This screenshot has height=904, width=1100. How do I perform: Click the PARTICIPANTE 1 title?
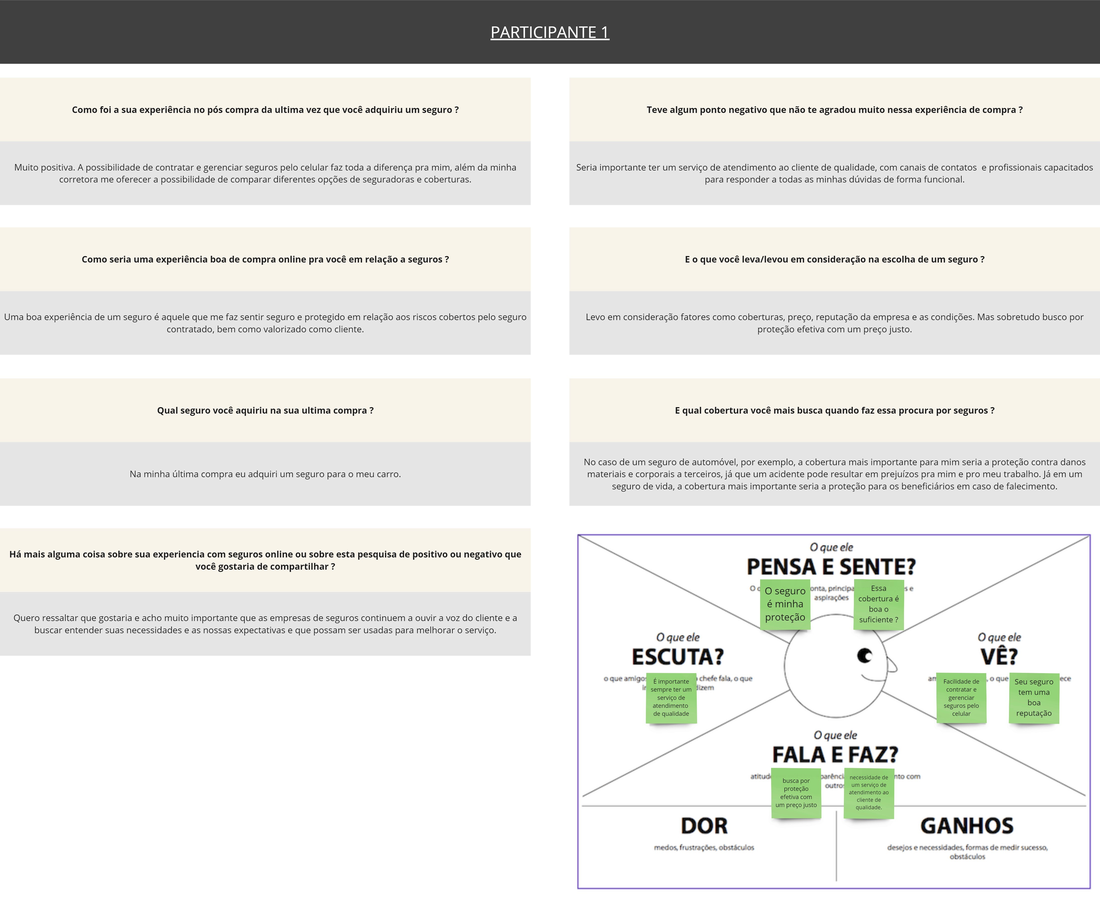click(x=549, y=32)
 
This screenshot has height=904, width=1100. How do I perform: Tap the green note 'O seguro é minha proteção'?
click(x=785, y=604)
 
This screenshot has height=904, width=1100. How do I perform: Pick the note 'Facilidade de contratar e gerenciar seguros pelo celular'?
click(x=961, y=698)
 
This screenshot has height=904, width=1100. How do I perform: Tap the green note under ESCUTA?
click(x=671, y=698)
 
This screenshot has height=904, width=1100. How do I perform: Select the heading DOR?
click(x=704, y=826)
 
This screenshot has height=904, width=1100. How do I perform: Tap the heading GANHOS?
click(x=967, y=826)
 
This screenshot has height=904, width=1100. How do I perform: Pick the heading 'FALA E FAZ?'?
click(x=835, y=755)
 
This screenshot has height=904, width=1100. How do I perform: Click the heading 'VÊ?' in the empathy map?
click(x=999, y=657)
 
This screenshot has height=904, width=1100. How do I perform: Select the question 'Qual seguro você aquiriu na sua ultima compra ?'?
click(x=265, y=410)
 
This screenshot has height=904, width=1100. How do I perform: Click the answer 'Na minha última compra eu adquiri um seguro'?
click(x=265, y=474)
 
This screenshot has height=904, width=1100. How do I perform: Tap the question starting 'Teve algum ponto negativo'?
click(x=834, y=110)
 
